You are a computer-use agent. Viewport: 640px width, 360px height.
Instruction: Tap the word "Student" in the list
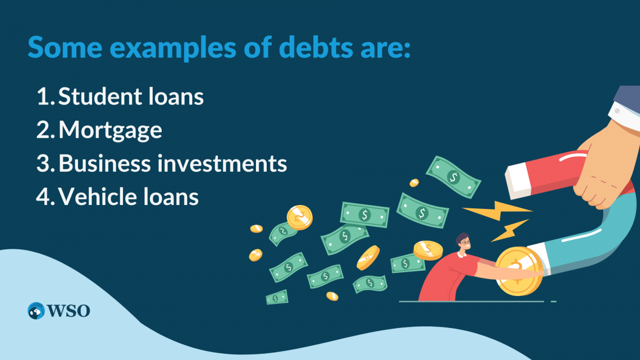click(95, 97)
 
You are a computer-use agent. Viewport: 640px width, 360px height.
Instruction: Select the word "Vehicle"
click(94, 197)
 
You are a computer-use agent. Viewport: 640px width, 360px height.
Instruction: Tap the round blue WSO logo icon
click(36, 311)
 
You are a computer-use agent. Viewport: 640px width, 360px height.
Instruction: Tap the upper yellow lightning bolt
click(494, 213)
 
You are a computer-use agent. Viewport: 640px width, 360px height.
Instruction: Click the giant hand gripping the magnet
click(604, 163)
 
